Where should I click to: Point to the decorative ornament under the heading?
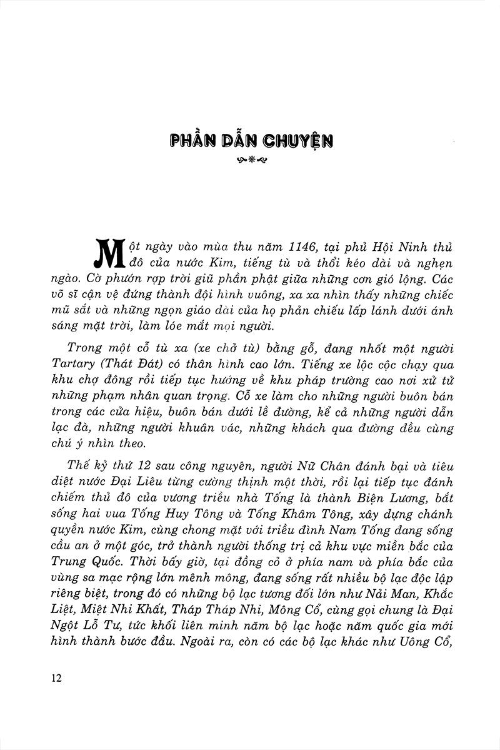pyautogui.click(x=250, y=160)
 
